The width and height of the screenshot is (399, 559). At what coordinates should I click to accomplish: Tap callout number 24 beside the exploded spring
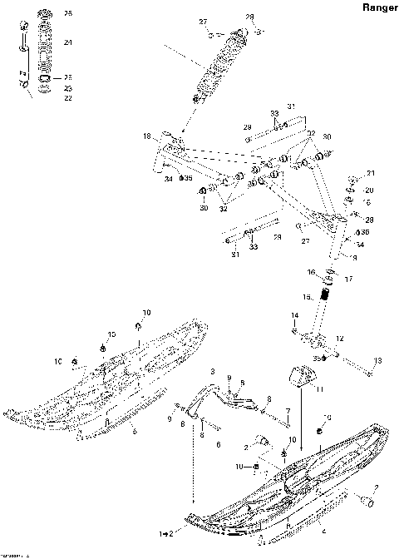tap(68, 42)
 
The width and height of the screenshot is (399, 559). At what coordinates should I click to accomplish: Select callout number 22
tap(68, 97)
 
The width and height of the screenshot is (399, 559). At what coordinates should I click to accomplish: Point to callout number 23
tap(68, 88)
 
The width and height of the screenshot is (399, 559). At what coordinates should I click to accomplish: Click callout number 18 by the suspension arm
tap(146, 136)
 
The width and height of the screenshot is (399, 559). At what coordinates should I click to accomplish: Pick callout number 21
tap(371, 174)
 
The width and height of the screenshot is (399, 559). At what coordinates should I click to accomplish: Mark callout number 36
tap(366, 231)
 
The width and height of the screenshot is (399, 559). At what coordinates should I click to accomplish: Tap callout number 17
tap(348, 279)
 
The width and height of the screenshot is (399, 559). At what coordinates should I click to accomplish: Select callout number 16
tap(312, 272)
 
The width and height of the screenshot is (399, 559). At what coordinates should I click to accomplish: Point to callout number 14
tap(294, 315)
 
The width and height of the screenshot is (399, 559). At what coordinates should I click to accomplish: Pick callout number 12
tap(338, 338)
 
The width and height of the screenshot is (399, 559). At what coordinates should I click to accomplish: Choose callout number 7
tap(287, 412)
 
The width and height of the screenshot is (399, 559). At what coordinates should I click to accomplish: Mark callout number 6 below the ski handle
tap(219, 445)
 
